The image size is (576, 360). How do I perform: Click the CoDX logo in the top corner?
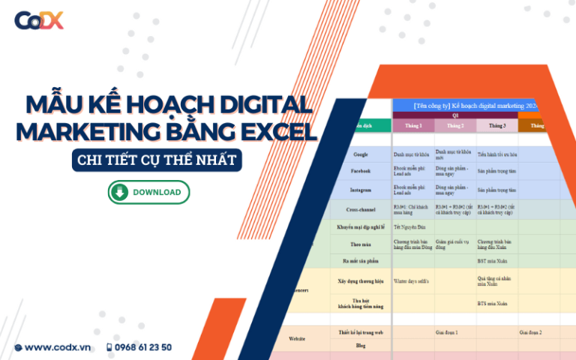coord(39,20)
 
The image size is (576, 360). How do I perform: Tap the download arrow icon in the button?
coord(120,192)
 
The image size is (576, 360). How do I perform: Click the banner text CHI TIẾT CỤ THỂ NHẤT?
coord(159,160)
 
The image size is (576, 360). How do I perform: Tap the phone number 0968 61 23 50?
coord(143,347)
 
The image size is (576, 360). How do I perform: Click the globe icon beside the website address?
coord(18,347)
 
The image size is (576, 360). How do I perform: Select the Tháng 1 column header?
coord(413,125)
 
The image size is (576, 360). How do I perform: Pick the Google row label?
coord(361,154)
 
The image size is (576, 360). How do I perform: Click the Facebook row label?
coord(361,171)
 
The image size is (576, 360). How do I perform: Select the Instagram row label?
coord(361,190)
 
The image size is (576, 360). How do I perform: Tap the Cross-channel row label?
coord(361,210)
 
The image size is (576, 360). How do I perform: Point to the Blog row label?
coord(361,346)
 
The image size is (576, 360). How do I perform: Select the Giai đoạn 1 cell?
coord(446,331)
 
